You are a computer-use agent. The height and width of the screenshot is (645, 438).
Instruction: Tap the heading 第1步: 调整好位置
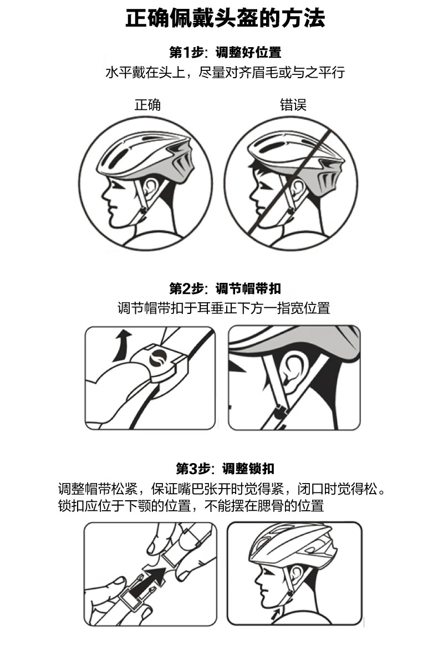[225, 52]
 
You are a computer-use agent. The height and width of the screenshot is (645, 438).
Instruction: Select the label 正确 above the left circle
[147, 104]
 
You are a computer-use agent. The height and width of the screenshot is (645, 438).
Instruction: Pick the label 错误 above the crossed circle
[293, 104]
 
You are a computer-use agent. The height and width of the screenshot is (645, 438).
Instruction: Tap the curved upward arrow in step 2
[122, 345]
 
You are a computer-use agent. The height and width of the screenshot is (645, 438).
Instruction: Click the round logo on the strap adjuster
[157, 357]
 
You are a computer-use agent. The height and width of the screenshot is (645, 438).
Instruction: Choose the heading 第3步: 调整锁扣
[225, 468]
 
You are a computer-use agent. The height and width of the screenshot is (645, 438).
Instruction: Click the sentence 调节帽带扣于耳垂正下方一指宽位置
[224, 308]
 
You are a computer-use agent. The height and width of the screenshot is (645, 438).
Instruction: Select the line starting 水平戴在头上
[225, 73]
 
